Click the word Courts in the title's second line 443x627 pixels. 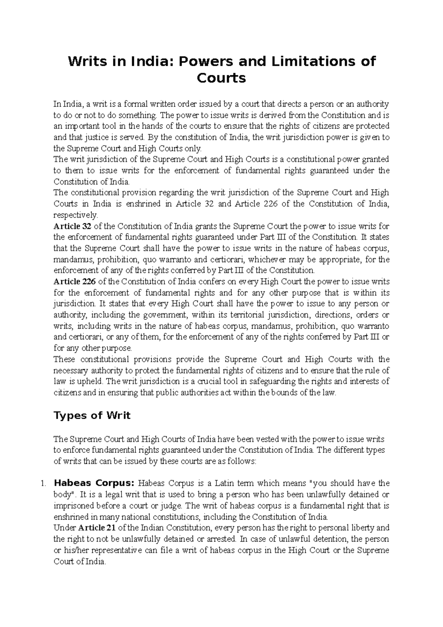221,78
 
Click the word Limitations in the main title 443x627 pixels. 317,61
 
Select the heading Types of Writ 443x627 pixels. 92,415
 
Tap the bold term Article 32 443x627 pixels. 72,226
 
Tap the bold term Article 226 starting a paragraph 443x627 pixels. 75,281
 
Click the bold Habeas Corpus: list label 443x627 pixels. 95,483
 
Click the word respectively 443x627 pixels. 75,215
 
